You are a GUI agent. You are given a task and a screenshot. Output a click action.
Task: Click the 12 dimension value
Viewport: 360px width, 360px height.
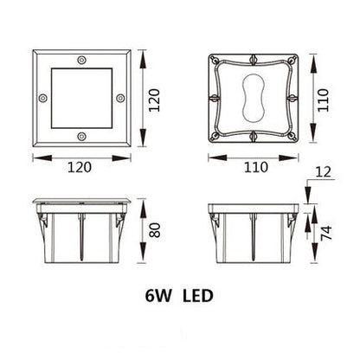(322, 174)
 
